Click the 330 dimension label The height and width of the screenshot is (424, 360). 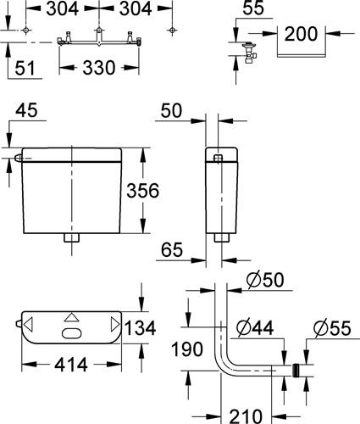(x=99, y=68)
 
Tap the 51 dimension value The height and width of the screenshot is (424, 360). (x=25, y=68)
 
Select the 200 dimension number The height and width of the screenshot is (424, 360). (x=301, y=34)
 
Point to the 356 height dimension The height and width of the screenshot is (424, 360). (x=142, y=191)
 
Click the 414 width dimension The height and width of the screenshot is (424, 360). (x=71, y=365)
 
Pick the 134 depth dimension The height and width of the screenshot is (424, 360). (x=140, y=328)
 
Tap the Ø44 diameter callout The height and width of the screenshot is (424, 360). (x=255, y=328)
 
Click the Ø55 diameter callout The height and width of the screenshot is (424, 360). (x=332, y=328)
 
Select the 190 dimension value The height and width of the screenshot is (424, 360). (x=187, y=349)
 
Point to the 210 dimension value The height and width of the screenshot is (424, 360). (x=246, y=416)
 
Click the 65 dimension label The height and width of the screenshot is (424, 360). (x=172, y=250)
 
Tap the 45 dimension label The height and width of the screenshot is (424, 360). (x=26, y=110)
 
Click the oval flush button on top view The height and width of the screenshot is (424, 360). (x=72, y=333)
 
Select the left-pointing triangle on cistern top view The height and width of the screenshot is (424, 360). (x=28, y=324)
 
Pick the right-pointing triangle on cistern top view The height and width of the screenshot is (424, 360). (x=115, y=324)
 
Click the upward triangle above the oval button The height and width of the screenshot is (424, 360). (x=72, y=317)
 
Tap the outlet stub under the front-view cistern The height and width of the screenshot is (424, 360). (x=72, y=237)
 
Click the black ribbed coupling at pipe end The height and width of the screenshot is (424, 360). (x=296, y=371)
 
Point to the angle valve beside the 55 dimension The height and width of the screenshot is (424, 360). (x=250, y=53)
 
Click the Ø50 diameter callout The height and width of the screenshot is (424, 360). (x=265, y=280)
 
